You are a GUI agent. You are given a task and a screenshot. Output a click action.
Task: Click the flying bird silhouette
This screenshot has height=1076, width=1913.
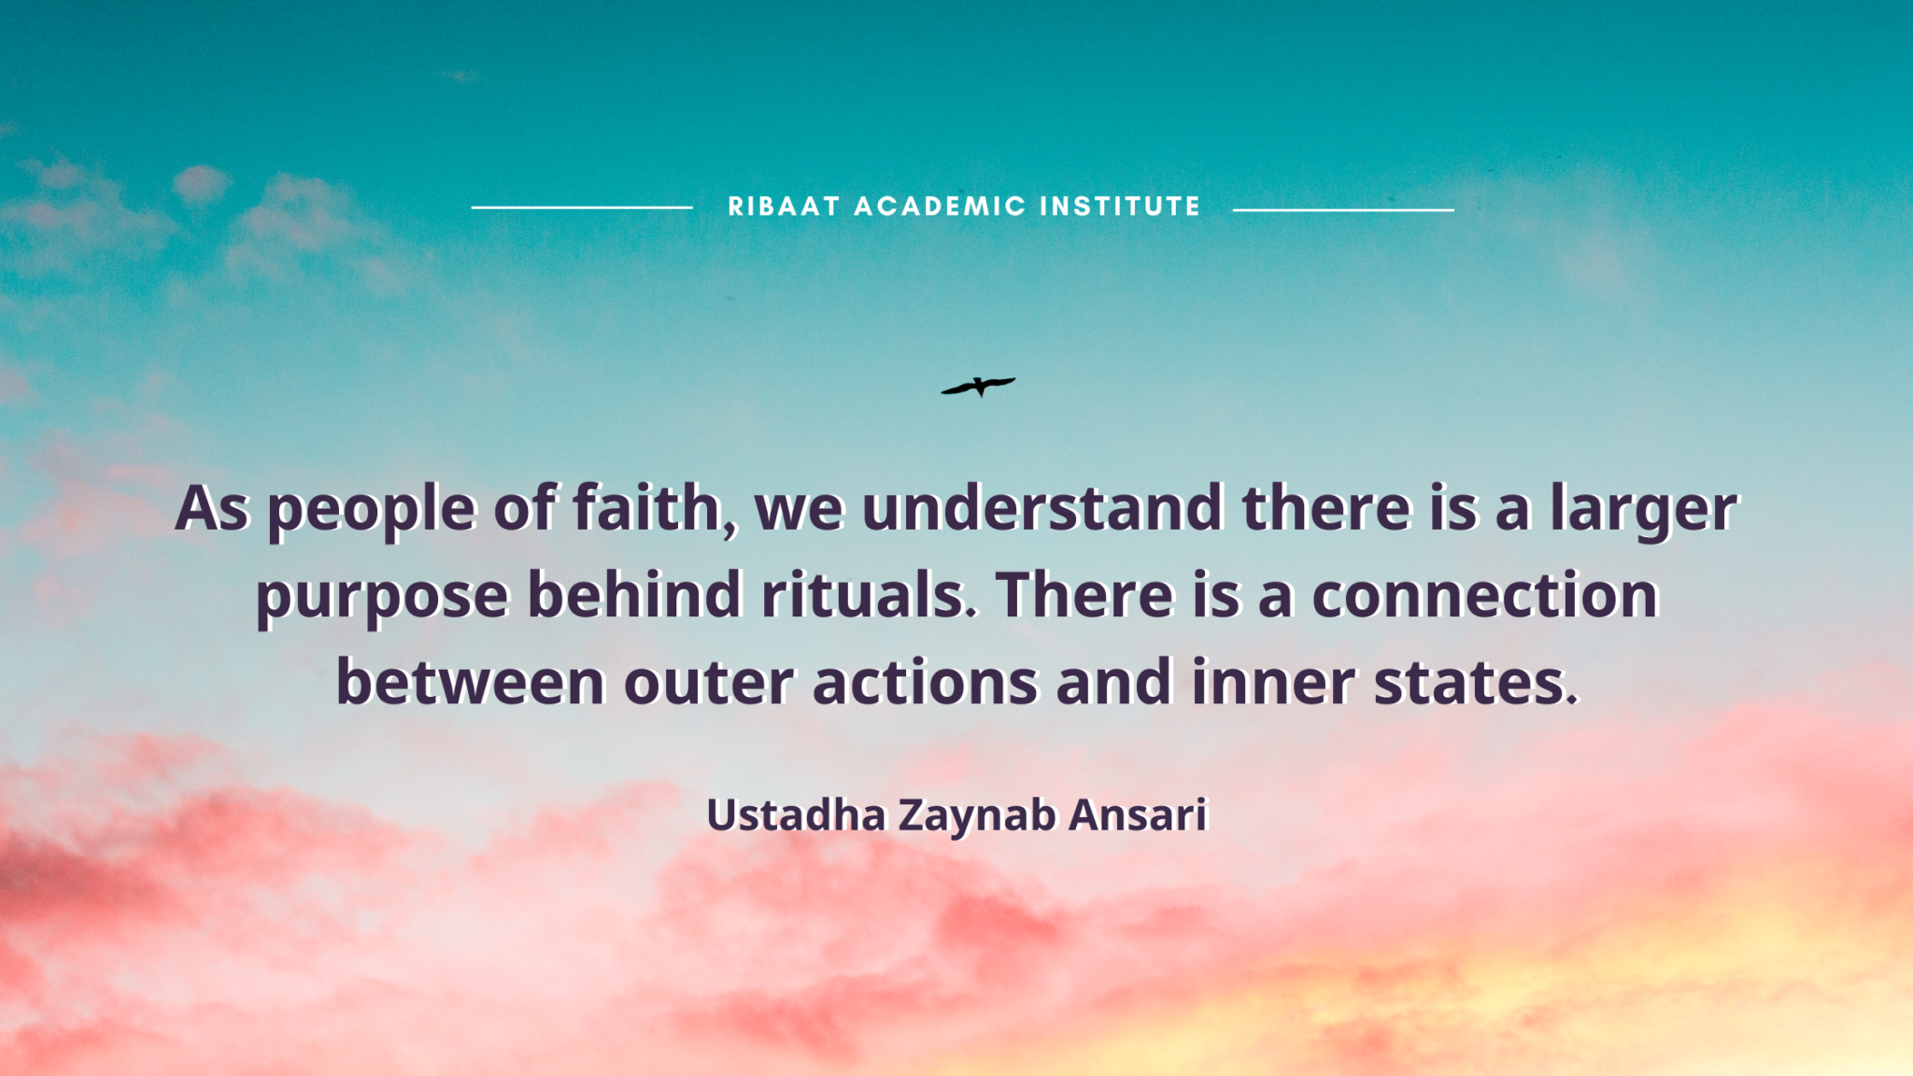[x=978, y=386]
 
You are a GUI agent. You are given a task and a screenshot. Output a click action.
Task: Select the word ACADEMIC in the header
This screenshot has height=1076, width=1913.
[x=940, y=206]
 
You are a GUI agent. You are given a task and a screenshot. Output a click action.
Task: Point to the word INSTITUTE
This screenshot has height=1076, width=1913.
[x=1120, y=206]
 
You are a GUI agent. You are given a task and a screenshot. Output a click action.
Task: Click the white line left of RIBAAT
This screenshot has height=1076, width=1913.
[x=582, y=207]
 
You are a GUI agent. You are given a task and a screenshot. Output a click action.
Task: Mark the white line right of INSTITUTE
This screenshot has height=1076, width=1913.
[x=1343, y=210]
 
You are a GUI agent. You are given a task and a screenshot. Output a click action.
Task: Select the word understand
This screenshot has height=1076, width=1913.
[x=1042, y=508]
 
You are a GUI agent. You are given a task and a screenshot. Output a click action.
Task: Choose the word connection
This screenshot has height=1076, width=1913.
[x=1485, y=596]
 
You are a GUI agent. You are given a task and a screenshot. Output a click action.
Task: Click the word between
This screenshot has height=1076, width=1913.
[x=470, y=681]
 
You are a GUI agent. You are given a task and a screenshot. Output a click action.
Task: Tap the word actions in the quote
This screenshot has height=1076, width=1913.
[x=925, y=682]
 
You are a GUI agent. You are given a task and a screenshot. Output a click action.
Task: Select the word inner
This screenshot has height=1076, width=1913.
[x=1272, y=681]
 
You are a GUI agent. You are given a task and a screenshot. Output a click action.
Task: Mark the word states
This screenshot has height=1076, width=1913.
[x=1476, y=683]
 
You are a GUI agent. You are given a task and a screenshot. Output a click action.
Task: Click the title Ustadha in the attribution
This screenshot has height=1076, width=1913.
[x=796, y=814]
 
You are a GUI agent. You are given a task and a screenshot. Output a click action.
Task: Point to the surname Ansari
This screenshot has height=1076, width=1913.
[x=1139, y=814]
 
